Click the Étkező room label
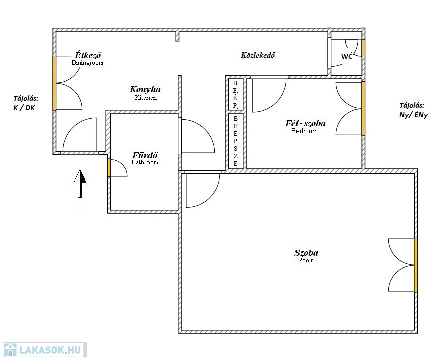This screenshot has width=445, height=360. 88,55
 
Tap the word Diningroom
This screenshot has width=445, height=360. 87,63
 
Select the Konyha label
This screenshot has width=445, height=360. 145,89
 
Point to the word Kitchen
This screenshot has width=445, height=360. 145,98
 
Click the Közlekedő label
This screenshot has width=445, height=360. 258,55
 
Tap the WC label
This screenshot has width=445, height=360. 347,56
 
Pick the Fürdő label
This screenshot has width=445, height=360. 145,155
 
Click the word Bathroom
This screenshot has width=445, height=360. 145,162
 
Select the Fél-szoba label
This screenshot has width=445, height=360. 306,123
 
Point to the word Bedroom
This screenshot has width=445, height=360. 305,131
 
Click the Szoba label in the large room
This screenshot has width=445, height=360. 306,253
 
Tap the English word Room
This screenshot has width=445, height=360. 306,260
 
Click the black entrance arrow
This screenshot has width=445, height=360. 80,184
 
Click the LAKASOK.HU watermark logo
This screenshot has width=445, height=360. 45,350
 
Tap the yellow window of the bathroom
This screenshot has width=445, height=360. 109,168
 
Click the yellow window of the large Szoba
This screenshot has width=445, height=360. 416,265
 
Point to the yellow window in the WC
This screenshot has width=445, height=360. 363,48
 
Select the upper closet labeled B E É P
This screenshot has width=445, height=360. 236,94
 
